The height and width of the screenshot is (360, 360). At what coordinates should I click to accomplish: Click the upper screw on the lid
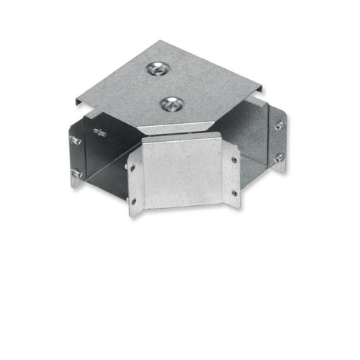(154, 70)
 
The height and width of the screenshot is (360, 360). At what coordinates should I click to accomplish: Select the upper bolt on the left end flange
(76, 140)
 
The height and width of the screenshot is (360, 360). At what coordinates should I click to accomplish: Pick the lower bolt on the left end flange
(76, 174)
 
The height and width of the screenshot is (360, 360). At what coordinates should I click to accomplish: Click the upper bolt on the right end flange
(279, 125)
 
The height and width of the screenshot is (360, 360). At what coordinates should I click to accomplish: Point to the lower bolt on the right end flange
(278, 158)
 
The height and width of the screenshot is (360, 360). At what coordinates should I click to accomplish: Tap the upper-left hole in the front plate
(132, 167)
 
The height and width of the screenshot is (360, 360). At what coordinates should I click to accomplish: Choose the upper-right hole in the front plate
(234, 158)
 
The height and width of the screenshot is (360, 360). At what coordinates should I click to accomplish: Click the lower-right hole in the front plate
(234, 192)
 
